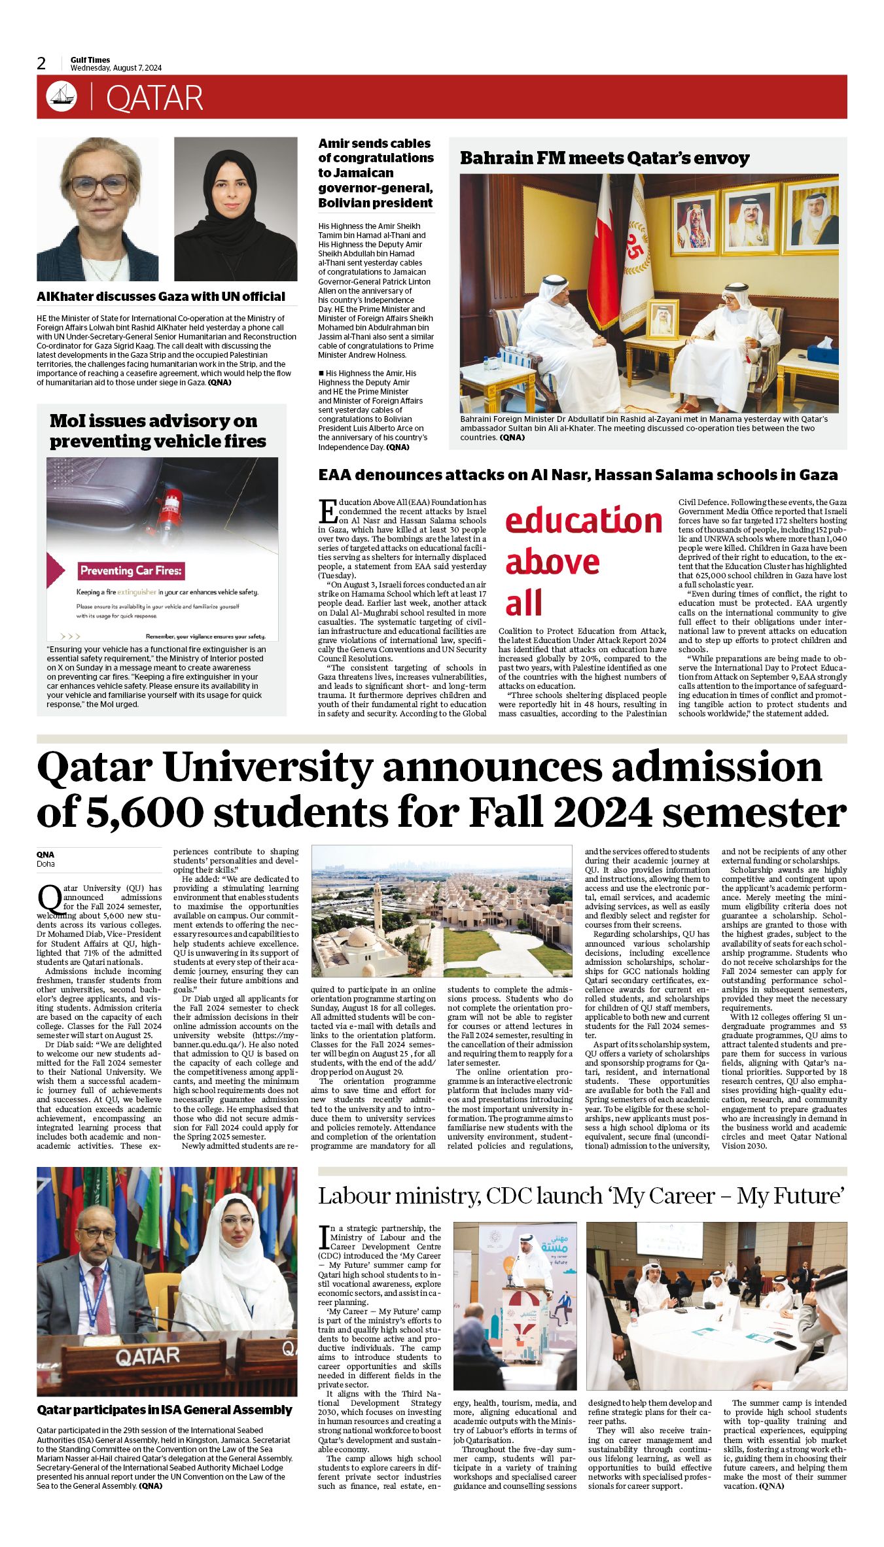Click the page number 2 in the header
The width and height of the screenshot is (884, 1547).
[42, 63]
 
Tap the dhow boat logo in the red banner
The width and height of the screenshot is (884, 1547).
[62, 97]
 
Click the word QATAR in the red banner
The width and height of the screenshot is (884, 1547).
[154, 98]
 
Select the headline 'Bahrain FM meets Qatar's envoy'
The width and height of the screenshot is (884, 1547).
[604, 158]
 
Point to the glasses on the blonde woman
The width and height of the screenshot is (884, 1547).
[99, 185]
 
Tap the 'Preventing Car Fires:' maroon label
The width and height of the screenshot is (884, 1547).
[131, 570]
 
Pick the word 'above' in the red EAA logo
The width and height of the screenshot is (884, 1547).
[552, 562]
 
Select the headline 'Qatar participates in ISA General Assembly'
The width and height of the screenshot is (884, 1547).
[164, 1410]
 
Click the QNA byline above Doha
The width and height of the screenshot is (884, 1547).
[46, 854]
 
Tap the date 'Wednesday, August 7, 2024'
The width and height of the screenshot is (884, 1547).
[116, 68]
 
